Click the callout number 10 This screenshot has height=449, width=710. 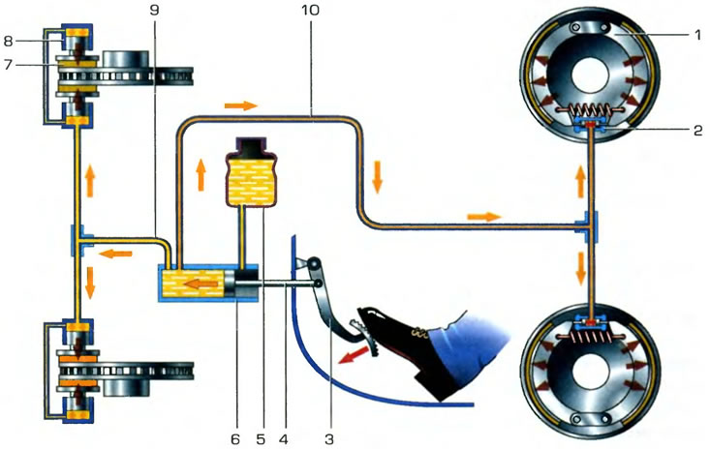tap(310, 10)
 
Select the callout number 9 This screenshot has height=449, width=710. tap(154, 10)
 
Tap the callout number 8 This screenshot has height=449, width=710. tap(8, 42)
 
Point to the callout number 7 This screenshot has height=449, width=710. tap(8, 65)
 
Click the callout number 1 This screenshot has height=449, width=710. tap(697, 35)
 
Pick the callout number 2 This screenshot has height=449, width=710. tap(697, 131)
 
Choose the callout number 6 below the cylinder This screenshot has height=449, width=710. tap(234, 438)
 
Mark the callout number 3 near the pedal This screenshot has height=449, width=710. tap(329, 438)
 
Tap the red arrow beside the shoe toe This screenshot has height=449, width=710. tap(352, 354)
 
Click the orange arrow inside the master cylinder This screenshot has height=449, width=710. tap(202, 284)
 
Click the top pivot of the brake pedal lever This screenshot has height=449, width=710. tap(314, 262)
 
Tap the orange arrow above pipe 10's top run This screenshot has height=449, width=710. tap(241, 105)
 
